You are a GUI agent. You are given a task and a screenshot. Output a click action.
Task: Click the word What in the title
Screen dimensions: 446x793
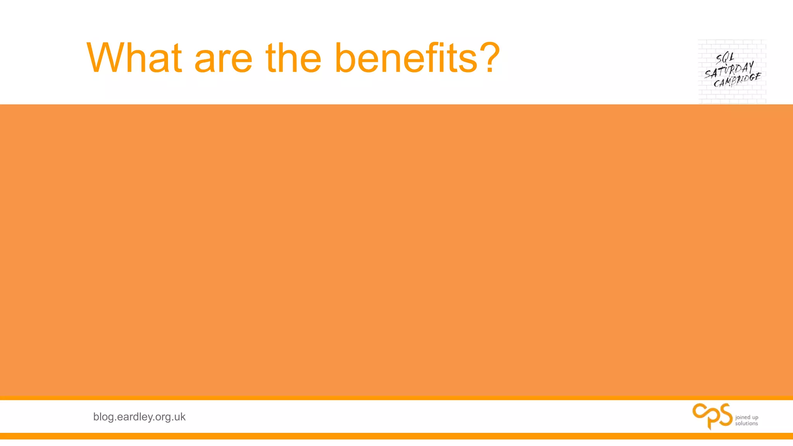pyautogui.click(x=134, y=58)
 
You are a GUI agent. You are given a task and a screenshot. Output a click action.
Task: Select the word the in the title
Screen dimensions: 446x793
pyautogui.click(x=294, y=58)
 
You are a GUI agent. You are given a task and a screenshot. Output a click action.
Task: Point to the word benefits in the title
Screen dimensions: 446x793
pyautogui.click(x=406, y=58)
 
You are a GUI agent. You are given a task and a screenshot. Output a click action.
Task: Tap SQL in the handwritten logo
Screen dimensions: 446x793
pyautogui.click(x=725, y=58)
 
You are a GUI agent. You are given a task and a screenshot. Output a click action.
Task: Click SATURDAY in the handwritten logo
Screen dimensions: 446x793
pyautogui.click(x=729, y=70)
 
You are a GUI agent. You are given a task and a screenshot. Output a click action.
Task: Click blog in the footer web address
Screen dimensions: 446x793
pyautogui.click(x=103, y=417)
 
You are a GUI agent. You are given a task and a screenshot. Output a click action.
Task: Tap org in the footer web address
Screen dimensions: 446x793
pyautogui.click(x=163, y=417)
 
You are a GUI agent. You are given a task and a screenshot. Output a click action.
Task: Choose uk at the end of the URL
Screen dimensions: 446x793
pyautogui.click(x=180, y=417)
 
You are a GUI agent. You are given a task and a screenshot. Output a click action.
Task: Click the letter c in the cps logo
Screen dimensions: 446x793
pyautogui.click(x=700, y=411)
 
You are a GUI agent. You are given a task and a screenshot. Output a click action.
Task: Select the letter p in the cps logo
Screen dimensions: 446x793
pyautogui.click(x=712, y=418)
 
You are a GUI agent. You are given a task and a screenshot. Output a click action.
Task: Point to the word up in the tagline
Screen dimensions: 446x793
pyautogui.click(x=755, y=418)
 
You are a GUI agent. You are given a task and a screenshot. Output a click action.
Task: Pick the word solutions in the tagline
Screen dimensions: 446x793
pyautogui.click(x=747, y=424)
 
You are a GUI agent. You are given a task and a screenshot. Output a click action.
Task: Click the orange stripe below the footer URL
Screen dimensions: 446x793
pyautogui.click(x=396, y=436)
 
